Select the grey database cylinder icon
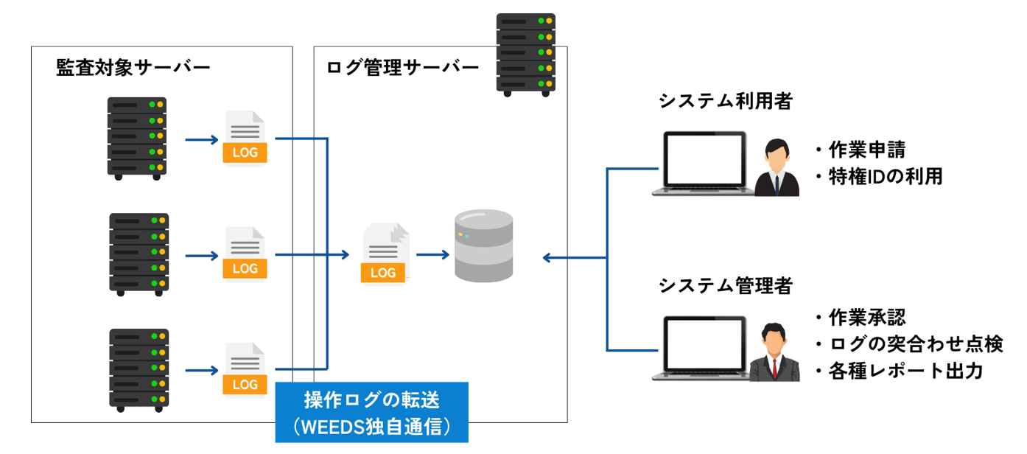coord(483,245)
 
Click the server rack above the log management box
coord(525,55)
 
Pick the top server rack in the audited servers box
coord(137,138)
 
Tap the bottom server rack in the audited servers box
coord(139,369)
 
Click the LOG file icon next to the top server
coord(245,138)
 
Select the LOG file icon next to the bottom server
coord(245,370)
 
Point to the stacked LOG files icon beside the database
coord(385,254)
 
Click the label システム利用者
coord(725,102)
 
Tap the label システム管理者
coord(725,285)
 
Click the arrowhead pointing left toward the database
coord(547,257)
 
